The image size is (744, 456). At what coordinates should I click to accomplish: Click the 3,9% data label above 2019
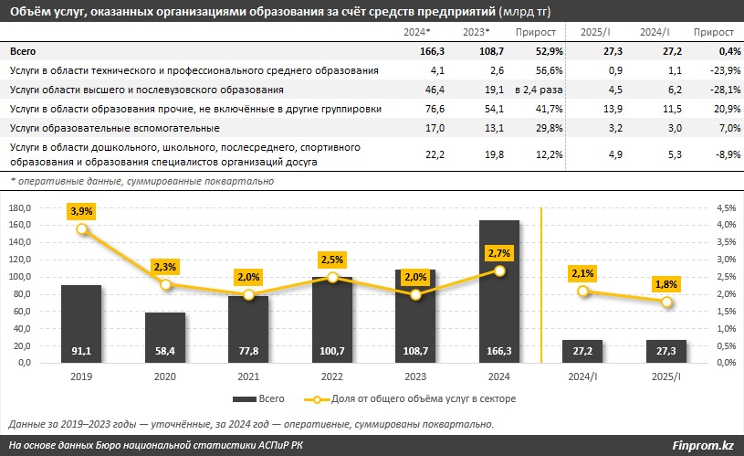(82, 211)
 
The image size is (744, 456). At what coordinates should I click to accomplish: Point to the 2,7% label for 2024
(499, 252)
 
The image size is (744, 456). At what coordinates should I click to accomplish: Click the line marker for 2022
(332, 277)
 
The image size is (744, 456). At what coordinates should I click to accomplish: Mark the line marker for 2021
(248, 294)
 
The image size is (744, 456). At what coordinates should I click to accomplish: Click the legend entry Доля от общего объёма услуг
(419, 398)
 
